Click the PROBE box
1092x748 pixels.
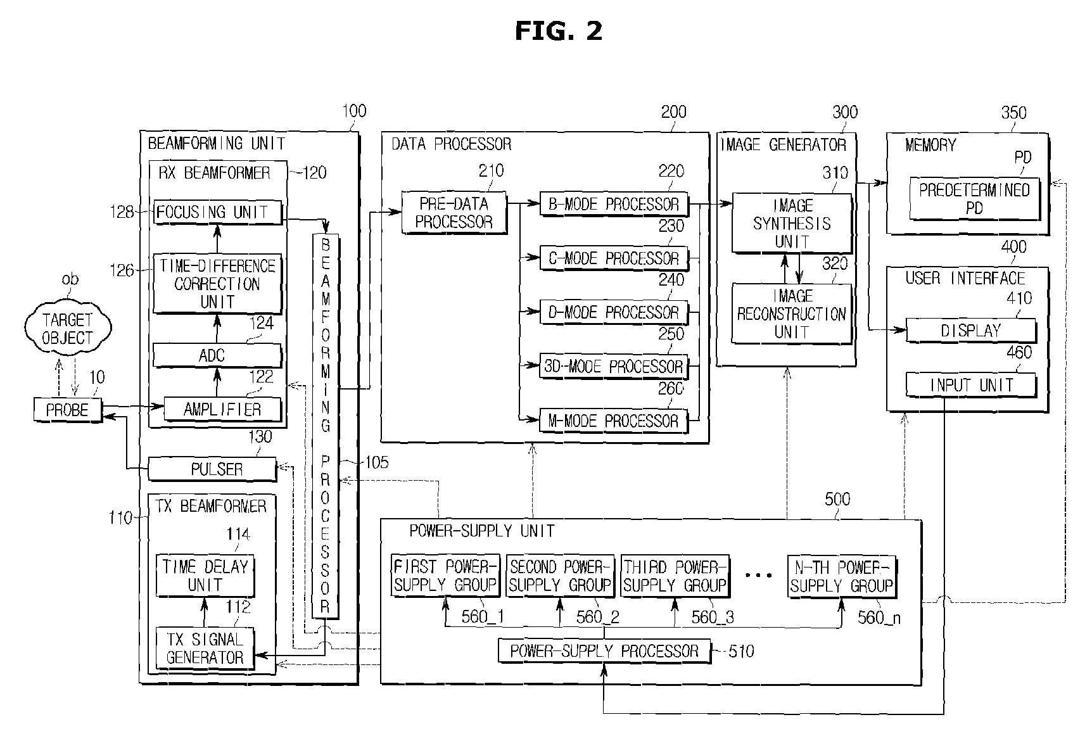68,410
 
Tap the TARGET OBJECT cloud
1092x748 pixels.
68,329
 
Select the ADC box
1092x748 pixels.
218,355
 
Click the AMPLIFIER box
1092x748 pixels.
222,410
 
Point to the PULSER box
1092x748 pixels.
212,469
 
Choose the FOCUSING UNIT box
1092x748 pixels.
218,212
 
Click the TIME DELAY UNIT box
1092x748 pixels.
205,575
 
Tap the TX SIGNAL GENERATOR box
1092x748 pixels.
205,649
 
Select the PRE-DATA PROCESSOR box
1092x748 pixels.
455,213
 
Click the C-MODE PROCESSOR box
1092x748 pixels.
614,258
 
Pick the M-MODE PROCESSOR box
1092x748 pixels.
614,421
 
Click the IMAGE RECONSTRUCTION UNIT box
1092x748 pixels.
792,314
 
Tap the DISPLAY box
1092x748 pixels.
971,331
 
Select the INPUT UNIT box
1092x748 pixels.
971,385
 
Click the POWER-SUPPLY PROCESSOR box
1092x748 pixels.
604,651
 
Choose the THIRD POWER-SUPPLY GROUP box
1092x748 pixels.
675,576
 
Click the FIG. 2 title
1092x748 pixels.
558,31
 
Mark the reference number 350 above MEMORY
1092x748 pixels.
1013,113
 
